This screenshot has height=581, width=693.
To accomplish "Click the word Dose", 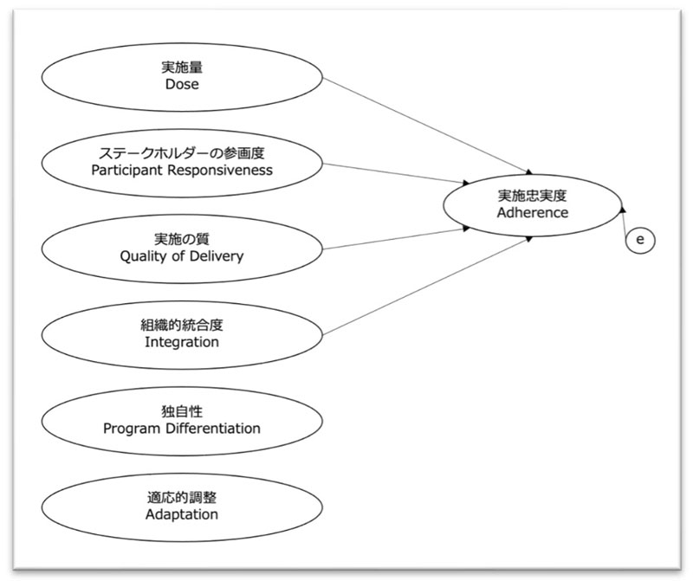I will [x=182, y=85].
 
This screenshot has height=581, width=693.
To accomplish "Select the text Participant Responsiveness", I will [x=182, y=170].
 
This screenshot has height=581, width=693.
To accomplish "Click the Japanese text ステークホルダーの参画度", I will [x=182, y=153].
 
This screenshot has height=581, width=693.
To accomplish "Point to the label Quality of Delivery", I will [x=182, y=255].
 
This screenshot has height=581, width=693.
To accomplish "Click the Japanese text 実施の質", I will [x=182, y=239].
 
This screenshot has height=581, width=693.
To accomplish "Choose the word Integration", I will [x=182, y=342].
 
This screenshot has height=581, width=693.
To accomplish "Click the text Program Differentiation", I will [x=182, y=428].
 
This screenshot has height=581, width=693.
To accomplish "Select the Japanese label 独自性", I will [x=182, y=411].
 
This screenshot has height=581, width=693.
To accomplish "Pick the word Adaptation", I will [x=182, y=514].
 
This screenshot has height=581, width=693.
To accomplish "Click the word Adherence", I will [x=533, y=212].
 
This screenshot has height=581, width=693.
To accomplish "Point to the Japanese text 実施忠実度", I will [x=533, y=196].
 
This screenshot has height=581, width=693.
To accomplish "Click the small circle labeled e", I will [x=640, y=240].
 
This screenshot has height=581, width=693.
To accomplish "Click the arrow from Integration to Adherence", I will [x=429, y=285].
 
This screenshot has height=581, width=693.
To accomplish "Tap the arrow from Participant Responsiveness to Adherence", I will [x=398, y=176].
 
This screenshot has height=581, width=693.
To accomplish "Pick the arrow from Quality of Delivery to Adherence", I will [x=398, y=239].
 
